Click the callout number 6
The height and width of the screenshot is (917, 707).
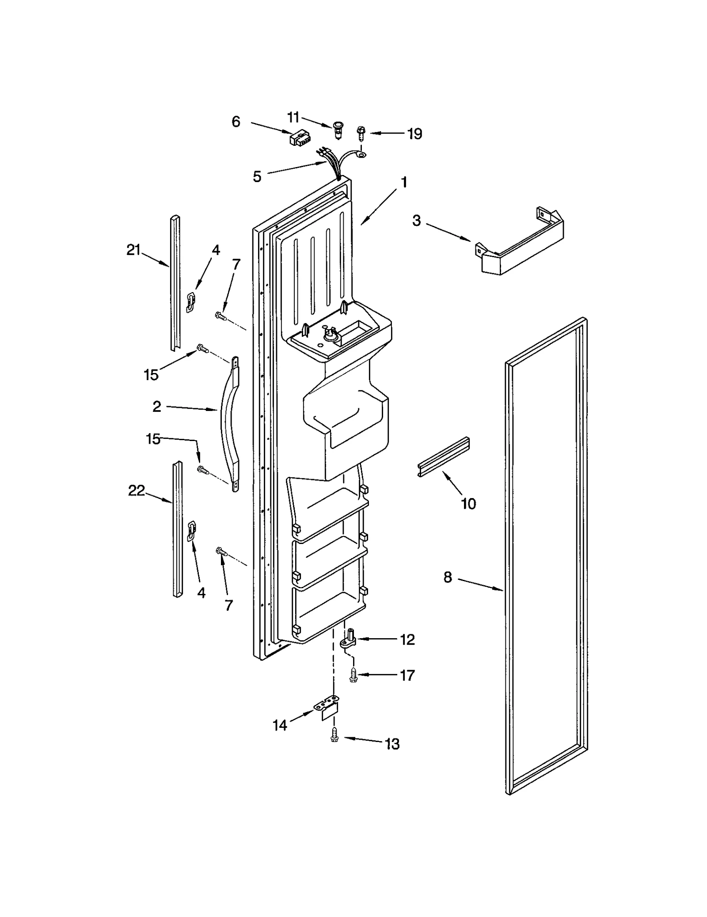tap(236, 122)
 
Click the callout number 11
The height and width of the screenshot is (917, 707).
tap(293, 118)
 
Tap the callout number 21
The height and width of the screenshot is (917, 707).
tap(133, 250)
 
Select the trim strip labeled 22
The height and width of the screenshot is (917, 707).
tap(178, 529)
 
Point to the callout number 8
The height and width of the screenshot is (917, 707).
tap(448, 577)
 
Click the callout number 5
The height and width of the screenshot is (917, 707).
tap(257, 177)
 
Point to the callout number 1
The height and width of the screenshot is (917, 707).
tap(404, 182)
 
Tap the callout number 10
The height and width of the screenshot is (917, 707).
tap(468, 503)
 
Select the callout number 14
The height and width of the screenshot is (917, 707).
tap(280, 725)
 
